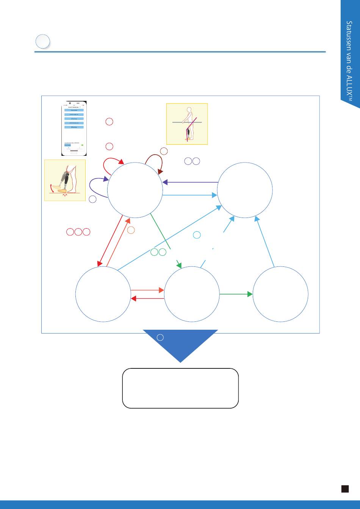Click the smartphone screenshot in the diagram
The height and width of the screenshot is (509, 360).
pos(74,128)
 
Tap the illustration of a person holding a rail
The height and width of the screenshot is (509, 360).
pos(187,124)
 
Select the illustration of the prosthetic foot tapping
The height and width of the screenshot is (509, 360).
pos(65,180)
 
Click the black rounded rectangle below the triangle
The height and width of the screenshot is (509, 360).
pos(180,388)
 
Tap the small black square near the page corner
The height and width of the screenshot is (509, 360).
pos(345,489)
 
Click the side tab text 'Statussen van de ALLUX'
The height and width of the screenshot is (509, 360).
pos(349,61)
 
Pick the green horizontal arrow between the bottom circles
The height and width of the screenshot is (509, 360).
pos(236,294)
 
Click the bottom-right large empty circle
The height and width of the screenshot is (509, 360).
pos(280,294)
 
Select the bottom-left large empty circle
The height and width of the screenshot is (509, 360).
pos(103,294)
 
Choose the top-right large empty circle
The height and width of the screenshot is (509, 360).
pos(245,190)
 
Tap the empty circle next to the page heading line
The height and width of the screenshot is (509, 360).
pos(43,41)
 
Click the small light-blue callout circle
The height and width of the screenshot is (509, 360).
pos(197,235)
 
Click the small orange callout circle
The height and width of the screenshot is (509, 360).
pos(131,230)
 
